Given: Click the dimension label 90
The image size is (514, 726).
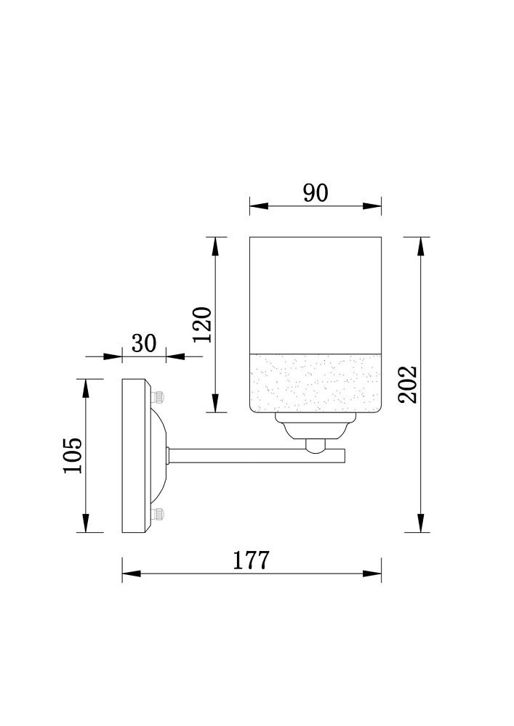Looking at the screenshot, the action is point(316,192).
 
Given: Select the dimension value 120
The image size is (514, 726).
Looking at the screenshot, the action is point(203,325).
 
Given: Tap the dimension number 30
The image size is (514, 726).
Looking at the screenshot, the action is point(144,343).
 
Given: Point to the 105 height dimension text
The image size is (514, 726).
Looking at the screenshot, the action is point(73,455).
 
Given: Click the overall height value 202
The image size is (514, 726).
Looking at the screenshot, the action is point(409,384).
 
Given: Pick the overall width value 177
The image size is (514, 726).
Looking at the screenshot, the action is point(250,560).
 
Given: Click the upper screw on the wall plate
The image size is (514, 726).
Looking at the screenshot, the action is point(158,397).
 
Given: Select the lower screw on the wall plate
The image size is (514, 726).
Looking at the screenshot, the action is point(158,513).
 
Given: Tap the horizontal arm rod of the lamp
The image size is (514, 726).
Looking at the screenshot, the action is point(257,455).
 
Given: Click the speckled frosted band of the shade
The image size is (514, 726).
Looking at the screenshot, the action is point(316,383).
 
